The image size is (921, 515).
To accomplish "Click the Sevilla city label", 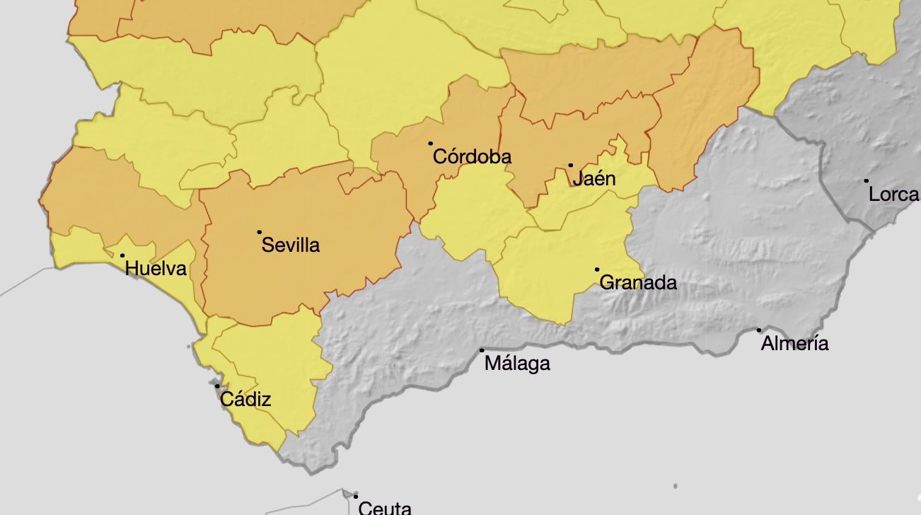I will point(291,245).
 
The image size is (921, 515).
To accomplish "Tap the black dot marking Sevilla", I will point(260,232).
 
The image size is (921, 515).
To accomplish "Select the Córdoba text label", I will point(472,156).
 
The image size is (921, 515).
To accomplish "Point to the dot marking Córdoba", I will point(430,144).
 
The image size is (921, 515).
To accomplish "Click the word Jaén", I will point(594,179).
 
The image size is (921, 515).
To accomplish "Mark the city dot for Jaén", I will point(571,166).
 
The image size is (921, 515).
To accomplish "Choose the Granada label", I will point(638,283).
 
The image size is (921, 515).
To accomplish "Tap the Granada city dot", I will point(597,270).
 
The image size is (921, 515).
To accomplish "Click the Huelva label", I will point(156,269).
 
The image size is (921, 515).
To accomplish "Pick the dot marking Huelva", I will point(122,256).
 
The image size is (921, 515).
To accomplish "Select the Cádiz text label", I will point(245,400).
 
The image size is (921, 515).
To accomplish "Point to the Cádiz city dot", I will point(217,386).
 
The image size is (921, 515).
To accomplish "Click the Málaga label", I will point(517,364).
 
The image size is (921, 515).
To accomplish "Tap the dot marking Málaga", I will point(482,350).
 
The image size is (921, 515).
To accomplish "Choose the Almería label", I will point(794,344).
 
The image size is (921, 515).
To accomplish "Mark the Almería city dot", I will point(759,330).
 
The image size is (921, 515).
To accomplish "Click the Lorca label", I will point(893,195).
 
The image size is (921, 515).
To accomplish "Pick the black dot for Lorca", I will point(867,181).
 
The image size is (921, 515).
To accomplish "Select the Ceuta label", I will point(385,507).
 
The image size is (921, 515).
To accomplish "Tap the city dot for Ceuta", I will point(356,497).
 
